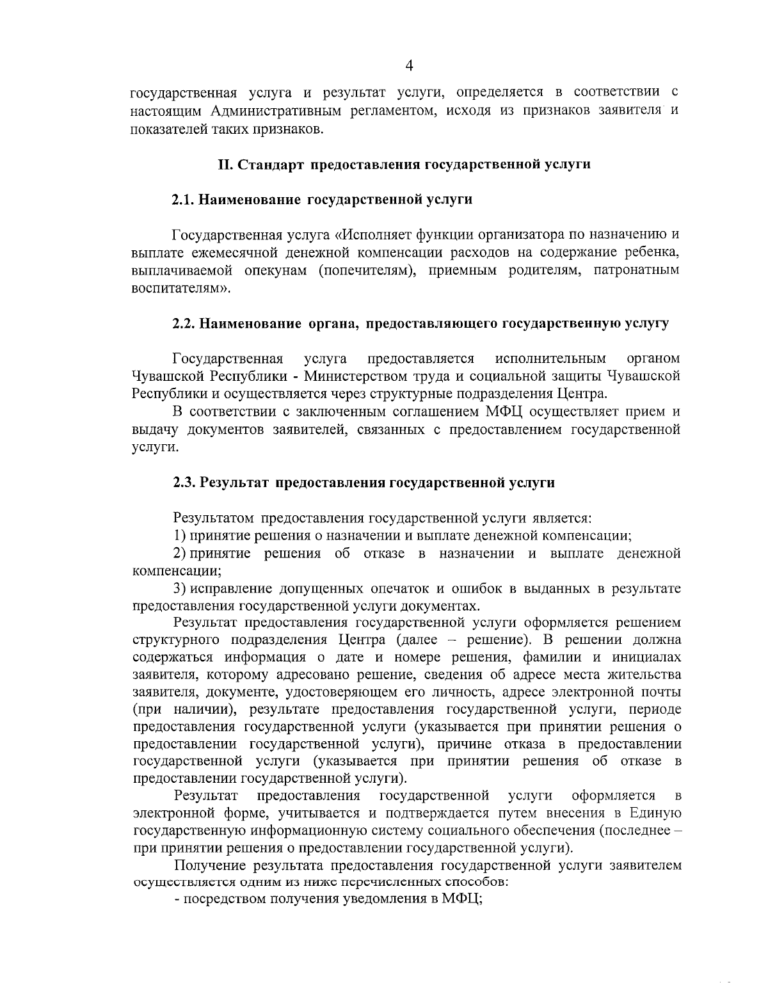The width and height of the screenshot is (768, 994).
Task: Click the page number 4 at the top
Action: pos(410,66)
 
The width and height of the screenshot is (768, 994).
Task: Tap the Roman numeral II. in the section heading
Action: pos(227,165)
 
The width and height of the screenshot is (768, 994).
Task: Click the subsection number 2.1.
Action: pos(183,200)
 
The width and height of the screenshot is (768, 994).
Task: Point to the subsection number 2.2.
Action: pos(184,324)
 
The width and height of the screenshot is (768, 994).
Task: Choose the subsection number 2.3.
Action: pos(184,483)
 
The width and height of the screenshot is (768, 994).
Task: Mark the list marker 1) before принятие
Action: pos(180,535)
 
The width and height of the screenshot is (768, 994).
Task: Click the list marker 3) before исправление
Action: pos(180,588)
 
